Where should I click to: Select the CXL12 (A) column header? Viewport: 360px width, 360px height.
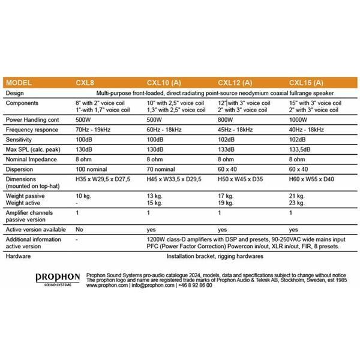235,83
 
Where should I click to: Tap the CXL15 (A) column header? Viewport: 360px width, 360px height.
307,83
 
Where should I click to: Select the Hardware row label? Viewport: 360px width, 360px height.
20,256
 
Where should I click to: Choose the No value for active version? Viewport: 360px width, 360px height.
79,229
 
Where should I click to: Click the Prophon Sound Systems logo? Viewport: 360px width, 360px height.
58,279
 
